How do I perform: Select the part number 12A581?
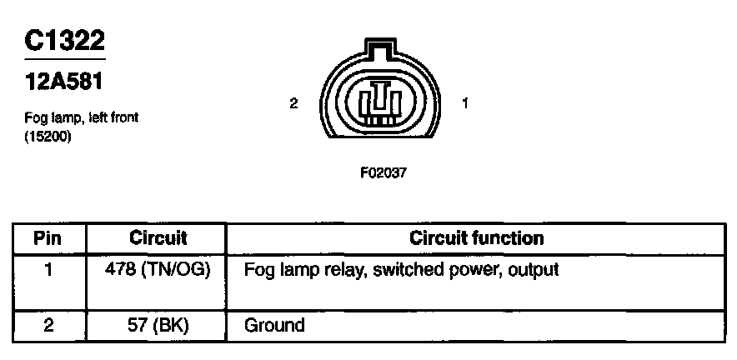point(65,82)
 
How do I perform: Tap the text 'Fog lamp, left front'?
point(81,118)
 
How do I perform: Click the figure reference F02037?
point(383,174)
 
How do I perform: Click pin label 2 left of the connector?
point(293,103)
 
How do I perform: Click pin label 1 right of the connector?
point(465,103)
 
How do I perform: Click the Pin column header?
point(48,238)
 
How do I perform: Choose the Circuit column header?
point(158,238)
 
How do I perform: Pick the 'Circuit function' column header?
point(476,238)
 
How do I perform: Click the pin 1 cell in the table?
point(48,270)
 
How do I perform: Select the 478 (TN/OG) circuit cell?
point(158,270)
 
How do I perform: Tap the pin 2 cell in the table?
point(48,324)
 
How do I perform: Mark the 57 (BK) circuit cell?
point(158,324)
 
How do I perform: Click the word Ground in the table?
point(274,324)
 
